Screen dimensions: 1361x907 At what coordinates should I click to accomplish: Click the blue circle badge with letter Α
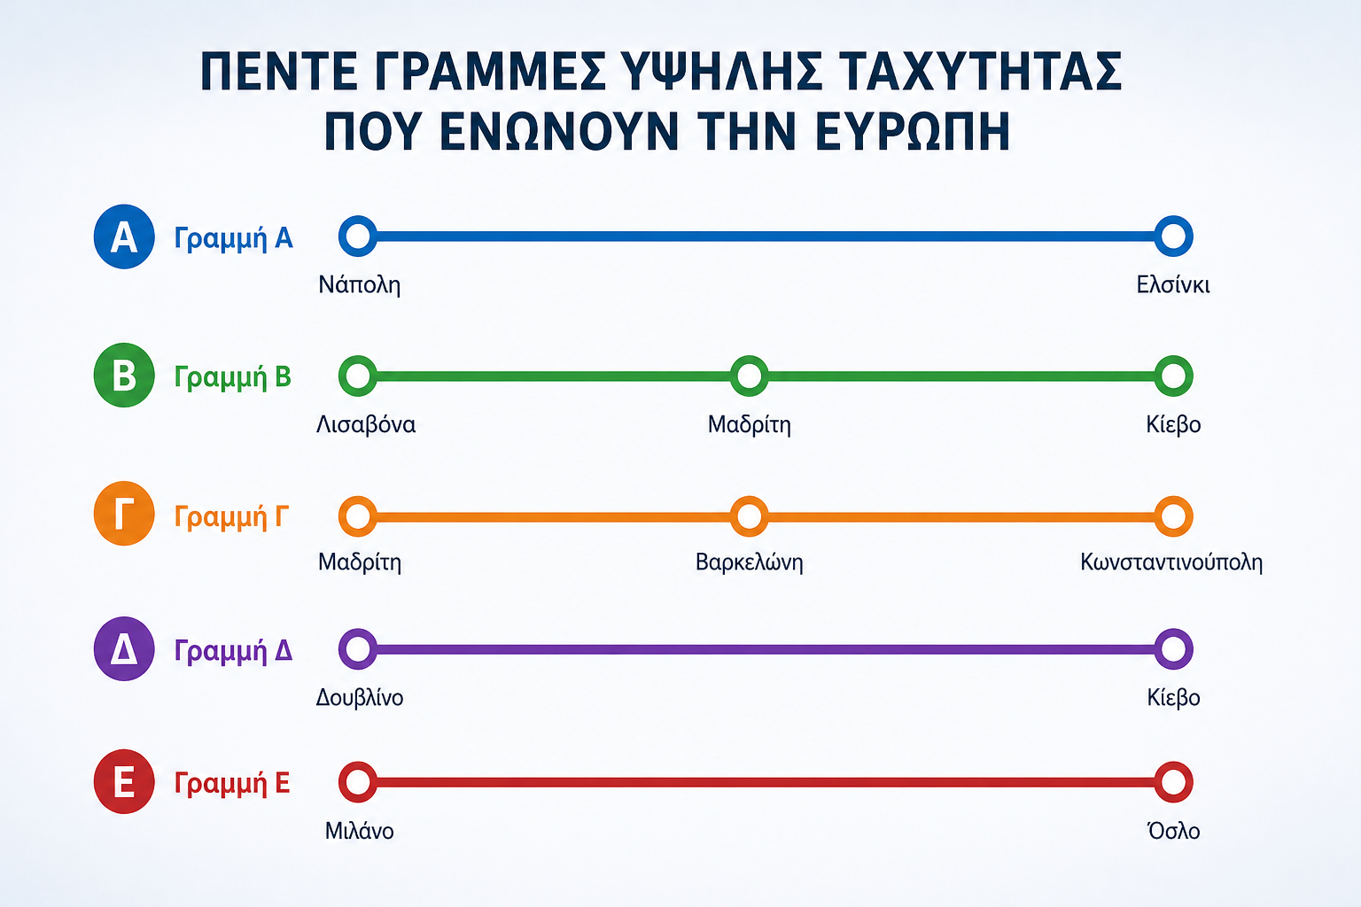[x=124, y=236]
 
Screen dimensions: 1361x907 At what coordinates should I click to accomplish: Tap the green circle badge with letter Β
[x=124, y=375]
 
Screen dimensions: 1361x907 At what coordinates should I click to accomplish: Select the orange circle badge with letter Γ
[x=124, y=514]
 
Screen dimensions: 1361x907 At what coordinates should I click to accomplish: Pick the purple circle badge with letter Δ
[x=124, y=649]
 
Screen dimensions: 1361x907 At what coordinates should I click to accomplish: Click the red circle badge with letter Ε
[x=124, y=781]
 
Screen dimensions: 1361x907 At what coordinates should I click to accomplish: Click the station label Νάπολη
[x=359, y=285]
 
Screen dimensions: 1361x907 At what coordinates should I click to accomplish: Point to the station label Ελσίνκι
[x=1172, y=285]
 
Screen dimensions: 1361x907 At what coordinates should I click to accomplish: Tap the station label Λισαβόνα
[x=366, y=424]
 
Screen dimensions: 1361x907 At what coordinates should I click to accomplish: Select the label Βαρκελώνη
[x=749, y=562]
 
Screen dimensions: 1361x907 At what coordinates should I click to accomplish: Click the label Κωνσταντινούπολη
[x=1171, y=562]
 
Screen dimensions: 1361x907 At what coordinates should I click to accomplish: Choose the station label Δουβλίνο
[x=359, y=697]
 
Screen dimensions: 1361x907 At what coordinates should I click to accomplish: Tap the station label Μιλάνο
[x=359, y=831]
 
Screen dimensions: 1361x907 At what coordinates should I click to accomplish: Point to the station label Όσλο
[x=1173, y=831]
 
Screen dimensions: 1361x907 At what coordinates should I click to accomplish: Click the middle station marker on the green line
[x=749, y=376]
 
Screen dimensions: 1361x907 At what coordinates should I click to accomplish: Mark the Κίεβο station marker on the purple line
[x=1173, y=649]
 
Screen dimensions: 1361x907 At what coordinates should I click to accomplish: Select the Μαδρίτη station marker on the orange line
[x=358, y=516]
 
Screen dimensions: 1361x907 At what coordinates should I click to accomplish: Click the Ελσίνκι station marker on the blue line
[x=1173, y=236]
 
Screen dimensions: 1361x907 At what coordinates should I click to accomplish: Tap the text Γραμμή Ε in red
[x=231, y=783]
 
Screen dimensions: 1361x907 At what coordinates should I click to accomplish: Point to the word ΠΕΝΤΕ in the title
[x=279, y=71]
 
